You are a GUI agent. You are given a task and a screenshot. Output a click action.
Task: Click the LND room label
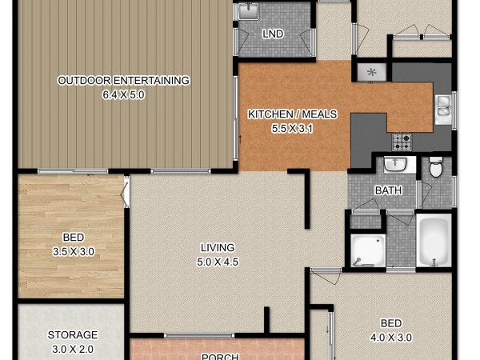pyautogui.click(x=273, y=34)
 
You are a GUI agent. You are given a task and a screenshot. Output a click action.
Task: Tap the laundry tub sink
pyautogui.click(x=249, y=11)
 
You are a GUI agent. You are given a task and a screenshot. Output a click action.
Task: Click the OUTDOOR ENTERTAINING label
pyautogui.click(x=124, y=81)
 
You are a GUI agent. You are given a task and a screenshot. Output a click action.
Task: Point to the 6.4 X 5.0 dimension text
pyautogui.click(x=124, y=95)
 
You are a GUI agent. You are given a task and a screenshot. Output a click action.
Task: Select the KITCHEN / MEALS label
pyautogui.click(x=292, y=114)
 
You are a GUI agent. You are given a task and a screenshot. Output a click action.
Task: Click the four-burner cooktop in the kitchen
pyautogui.click(x=402, y=142)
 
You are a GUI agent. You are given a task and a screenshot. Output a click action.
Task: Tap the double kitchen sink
pyautogui.click(x=443, y=110)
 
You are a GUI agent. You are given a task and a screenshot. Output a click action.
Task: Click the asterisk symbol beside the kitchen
pyautogui.click(x=372, y=73)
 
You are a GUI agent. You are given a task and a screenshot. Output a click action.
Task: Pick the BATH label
pyautogui.click(x=388, y=190)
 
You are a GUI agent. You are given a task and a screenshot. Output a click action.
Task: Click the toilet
pyautogui.click(x=436, y=167)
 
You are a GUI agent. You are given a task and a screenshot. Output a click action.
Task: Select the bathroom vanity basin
pyautogui.click(x=395, y=164)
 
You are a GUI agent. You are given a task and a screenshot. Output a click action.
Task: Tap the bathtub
pyautogui.click(x=434, y=240)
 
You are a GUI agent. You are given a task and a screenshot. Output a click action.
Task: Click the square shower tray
pyautogui.click(x=368, y=250)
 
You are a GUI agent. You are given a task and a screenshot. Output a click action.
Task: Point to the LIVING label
pyautogui.click(x=218, y=247)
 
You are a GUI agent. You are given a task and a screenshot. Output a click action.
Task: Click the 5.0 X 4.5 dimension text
pyautogui.click(x=218, y=262)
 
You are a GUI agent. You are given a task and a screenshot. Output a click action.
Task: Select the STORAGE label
pyautogui.click(x=73, y=335)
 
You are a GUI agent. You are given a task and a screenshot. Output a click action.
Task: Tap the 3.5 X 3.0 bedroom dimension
pyautogui.click(x=74, y=252)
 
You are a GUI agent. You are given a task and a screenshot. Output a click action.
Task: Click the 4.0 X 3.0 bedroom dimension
pyautogui.click(x=391, y=338)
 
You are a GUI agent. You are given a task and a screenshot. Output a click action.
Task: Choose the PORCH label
pyautogui.click(x=220, y=357)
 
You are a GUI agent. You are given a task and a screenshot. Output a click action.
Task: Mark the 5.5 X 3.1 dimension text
pyautogui.click(x=292, y=129)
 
